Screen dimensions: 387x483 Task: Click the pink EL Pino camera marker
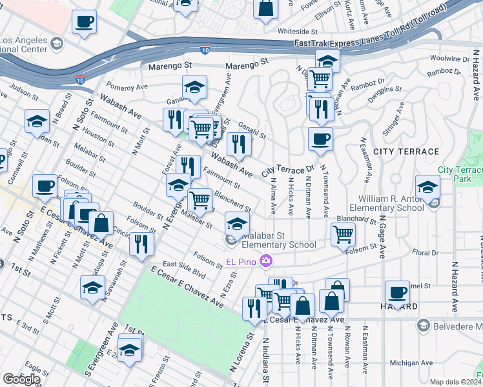(x=265, y=261)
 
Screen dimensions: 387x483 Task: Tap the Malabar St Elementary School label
(x=278, y=240)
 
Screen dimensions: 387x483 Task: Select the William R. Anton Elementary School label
(x=386, y=204)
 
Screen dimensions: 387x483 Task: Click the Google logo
(x=21, y=379)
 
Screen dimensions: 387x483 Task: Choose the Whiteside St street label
(x=298, y=31)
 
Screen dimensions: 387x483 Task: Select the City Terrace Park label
(x=460, y=174)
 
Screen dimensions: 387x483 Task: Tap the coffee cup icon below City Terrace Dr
(x=320, y=138)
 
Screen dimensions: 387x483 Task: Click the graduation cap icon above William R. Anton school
(x=427, y=188)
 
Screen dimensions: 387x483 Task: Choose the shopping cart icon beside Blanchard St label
(x=343, y=234)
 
